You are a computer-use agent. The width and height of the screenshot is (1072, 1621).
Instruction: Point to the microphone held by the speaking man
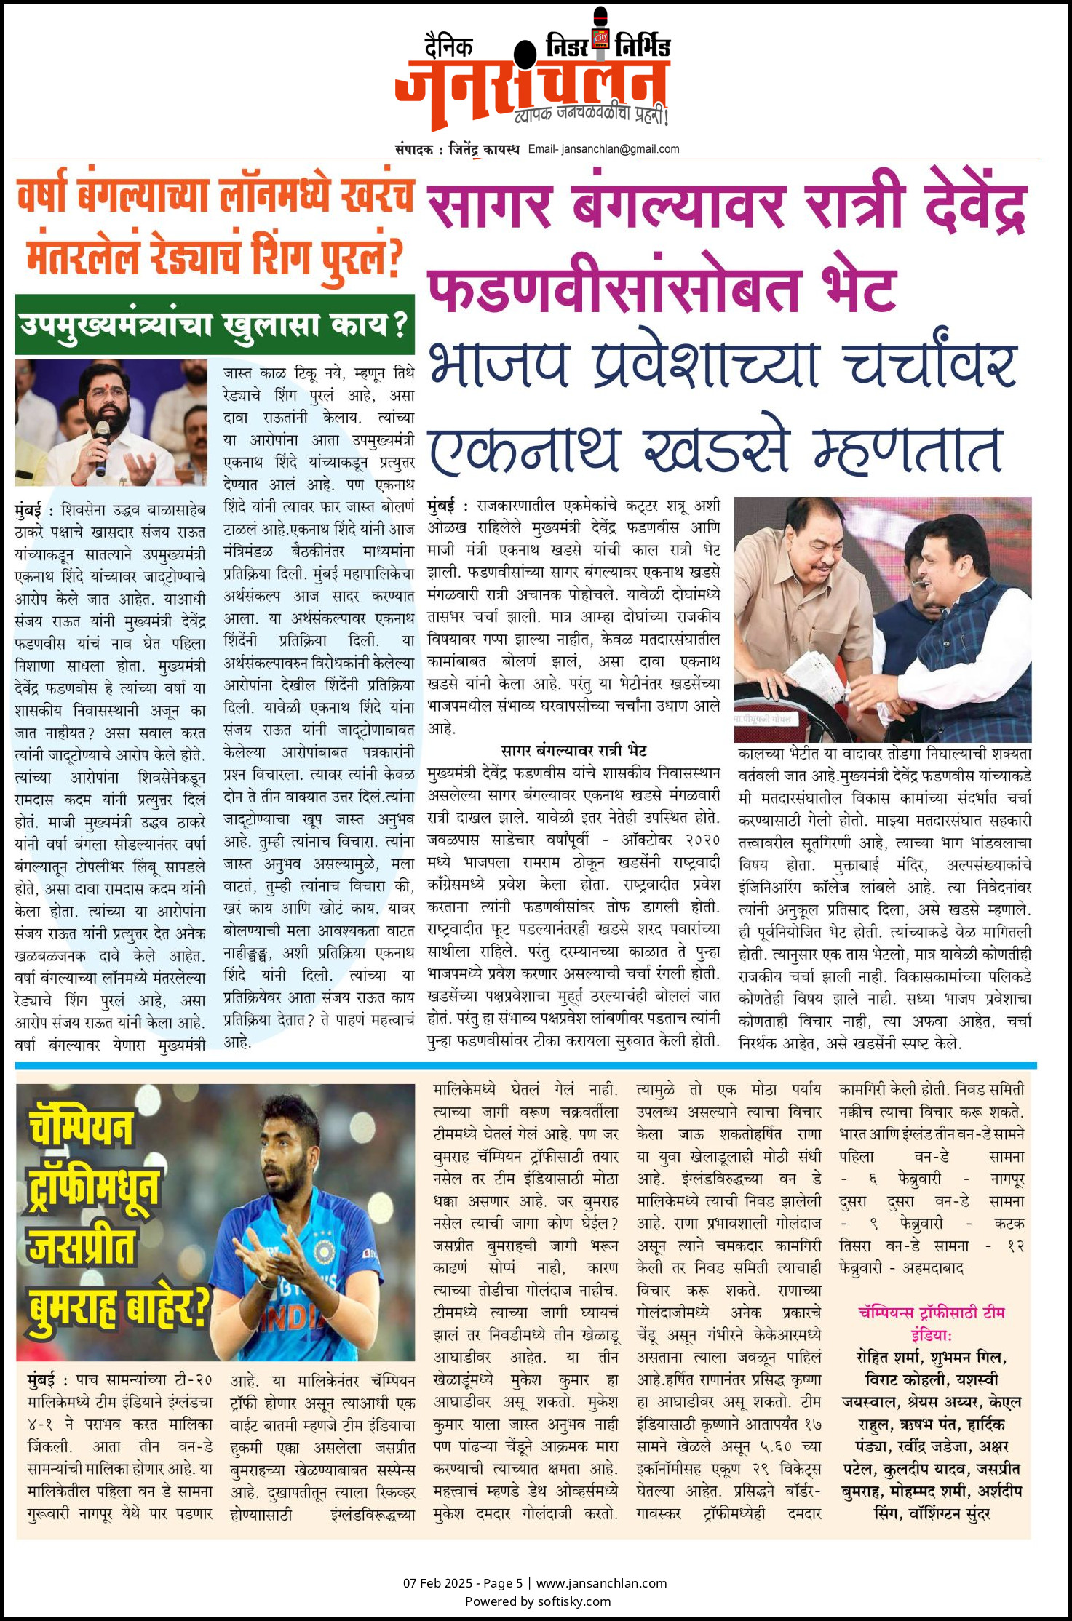click(101, 445)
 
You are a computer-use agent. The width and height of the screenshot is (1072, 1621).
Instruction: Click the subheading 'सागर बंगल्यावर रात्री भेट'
click(573, 751)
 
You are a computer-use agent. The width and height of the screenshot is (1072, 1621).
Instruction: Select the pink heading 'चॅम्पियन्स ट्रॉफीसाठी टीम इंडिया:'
click(932, 1323)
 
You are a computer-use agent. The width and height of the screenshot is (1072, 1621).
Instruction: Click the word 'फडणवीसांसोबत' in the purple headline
click(614, 289)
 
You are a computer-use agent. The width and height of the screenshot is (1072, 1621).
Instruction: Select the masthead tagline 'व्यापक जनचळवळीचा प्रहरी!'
click(591, 114)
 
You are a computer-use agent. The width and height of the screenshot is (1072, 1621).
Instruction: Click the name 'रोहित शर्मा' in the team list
click(890, 1358)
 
